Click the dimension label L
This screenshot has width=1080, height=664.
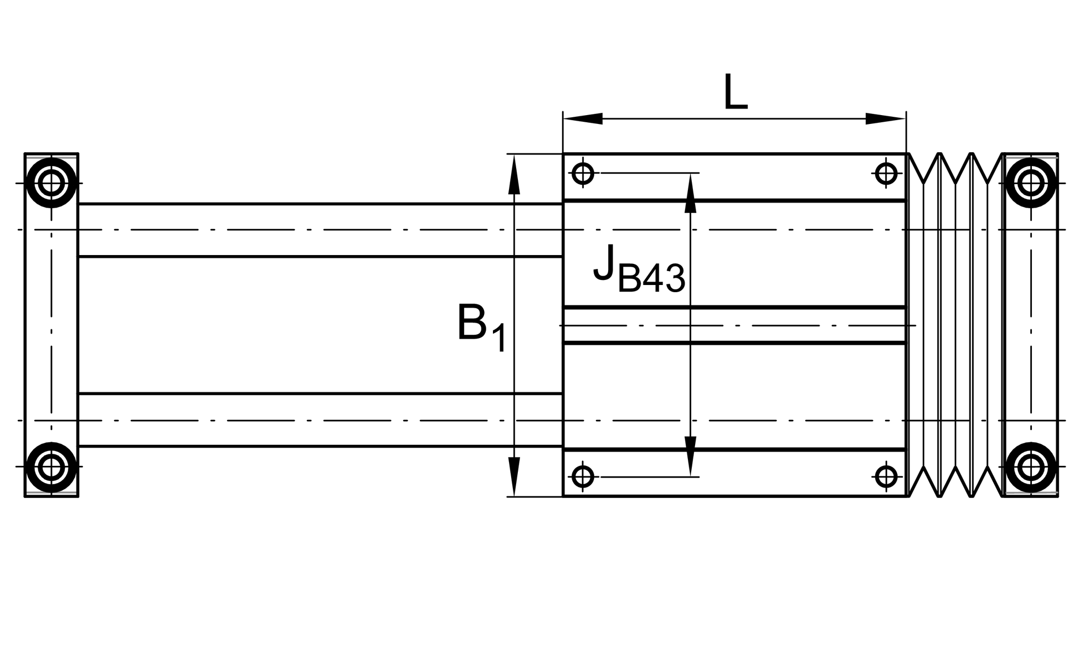coord(735,92)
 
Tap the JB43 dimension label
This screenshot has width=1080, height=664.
coord(639,269)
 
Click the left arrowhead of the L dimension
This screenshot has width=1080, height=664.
coord(582,118)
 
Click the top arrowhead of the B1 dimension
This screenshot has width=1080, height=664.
coord(515,174)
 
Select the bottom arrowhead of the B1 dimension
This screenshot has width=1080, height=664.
coord(515,477)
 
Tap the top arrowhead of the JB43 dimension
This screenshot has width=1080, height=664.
coord(690,194)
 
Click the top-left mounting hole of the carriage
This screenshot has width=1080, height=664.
coord(583,173)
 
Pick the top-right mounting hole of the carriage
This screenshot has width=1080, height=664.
coord(886,173)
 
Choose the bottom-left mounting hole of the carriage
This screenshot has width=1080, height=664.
coord(583,476)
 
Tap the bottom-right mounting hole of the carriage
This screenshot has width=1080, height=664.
coord(886,476)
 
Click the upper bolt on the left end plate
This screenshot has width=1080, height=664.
coord(51,183)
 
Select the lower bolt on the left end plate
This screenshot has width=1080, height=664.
coord(51,467)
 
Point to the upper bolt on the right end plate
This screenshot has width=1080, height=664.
coord(1031,183)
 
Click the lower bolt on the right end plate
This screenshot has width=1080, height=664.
coord(1031,467)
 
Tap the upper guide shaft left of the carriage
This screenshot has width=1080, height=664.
coord(320,230)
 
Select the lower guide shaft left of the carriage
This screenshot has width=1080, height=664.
coord(320,420)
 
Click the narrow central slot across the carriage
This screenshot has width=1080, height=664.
coord(734,325)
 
